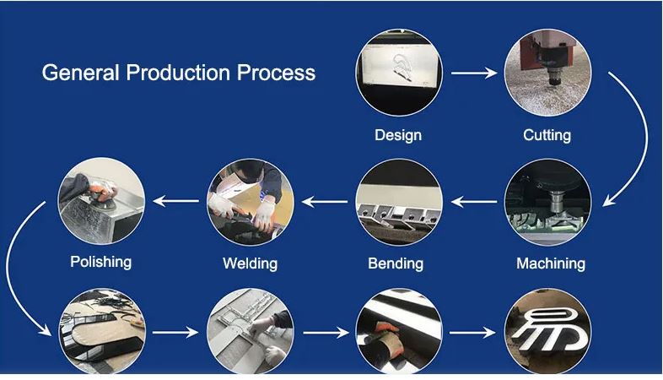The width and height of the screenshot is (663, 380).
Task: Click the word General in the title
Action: click(80, 73)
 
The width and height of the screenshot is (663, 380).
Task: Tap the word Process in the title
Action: click(276, 73)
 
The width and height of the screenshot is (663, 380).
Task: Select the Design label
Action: click(398, 135)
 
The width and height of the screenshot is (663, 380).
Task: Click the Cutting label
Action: click(547, 135)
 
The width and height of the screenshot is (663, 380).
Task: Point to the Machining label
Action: click(551, 263)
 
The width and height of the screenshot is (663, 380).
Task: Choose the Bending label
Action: click(396, 263)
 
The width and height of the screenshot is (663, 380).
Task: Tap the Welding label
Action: click(250, 263)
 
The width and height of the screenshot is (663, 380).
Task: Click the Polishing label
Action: click(100, 262)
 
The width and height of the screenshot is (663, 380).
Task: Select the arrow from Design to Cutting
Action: click(474, 73)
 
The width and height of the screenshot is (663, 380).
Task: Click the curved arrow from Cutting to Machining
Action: click(646, 135)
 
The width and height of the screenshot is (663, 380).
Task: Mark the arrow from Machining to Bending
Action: click(474, 202)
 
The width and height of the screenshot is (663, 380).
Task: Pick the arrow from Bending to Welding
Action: click(325, 202)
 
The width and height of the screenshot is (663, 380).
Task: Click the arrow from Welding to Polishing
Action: click(175, 201)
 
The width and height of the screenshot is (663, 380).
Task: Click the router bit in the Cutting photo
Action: click(553, 79)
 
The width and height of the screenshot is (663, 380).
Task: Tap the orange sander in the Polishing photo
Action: click(101, 193)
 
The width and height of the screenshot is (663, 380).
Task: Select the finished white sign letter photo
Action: click(548, 331)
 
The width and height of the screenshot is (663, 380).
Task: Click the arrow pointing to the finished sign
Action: click(472, 333)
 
